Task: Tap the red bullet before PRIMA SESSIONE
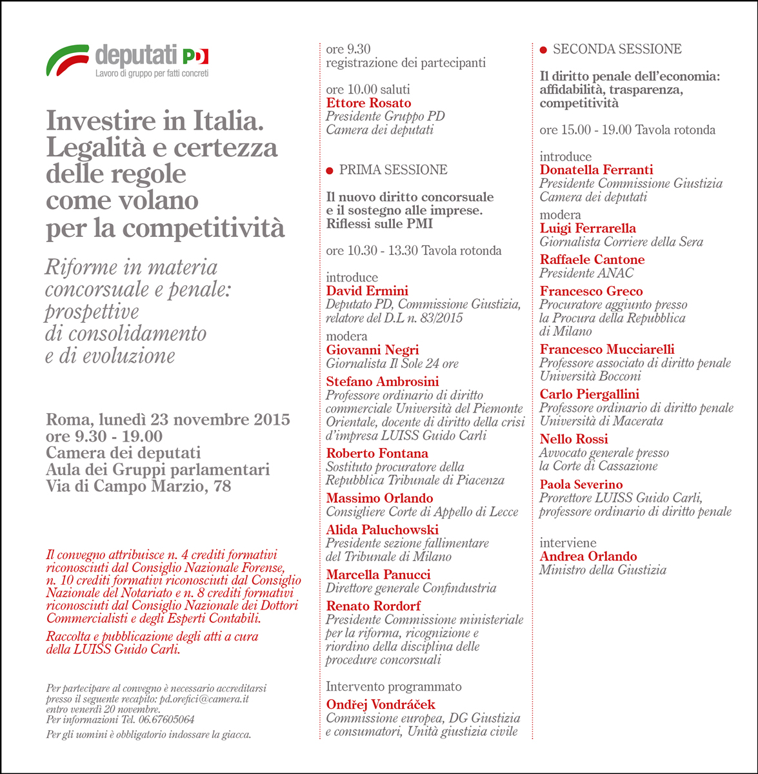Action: pos(330,170)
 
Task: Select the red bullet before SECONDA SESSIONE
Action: pos(543,50)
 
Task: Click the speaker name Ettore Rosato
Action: pos(368,103)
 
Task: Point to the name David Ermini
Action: pos(367,291)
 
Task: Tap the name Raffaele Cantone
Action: pos(592,260)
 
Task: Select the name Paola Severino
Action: pos(581,485)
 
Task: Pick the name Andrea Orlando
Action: pos(588,556)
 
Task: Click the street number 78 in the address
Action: pos(221,486)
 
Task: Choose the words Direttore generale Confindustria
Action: pos(411,588)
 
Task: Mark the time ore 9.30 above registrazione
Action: pos(348,49)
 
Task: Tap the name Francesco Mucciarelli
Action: pos(606,349)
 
